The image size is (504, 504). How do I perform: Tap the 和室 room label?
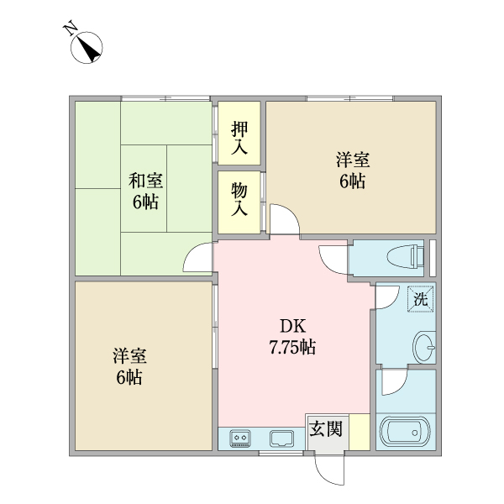[x=145, y=181]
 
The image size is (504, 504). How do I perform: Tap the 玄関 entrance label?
[x=326, y=428]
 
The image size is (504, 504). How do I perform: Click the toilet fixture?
[x=402, y=256]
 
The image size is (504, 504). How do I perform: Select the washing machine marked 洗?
[x=420, y=297]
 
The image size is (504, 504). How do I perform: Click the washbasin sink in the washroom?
[x=424, y=344]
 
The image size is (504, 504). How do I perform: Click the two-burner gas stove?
[x=241, y=438]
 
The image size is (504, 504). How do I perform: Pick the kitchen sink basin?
[x=281, y=438]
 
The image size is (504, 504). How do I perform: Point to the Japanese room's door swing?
[x=199, y=258]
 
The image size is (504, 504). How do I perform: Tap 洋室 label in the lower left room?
[x=129, y=355]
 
